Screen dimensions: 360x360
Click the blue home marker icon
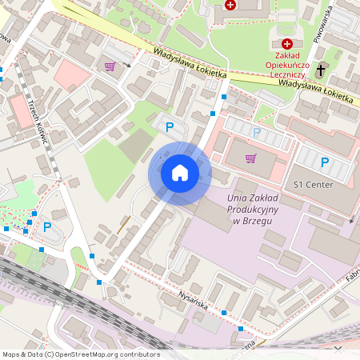click(x=179, y=173)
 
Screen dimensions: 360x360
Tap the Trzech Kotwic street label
click(x=38, y=122)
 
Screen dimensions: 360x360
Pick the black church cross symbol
click(x=321, y=70)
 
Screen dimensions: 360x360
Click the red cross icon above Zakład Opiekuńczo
click(x=287, y=44)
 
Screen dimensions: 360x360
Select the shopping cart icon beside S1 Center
click(x=251, y=158)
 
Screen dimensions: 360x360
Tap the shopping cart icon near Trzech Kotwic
click(x=110, y=67)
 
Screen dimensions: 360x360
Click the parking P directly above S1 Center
click(x=324, y=162)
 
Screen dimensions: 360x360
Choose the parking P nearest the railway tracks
click(x=46, y=226)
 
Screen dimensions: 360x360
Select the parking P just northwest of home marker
click(x=169, y=126)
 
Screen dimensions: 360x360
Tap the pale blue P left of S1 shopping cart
click(x=256, y=132)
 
